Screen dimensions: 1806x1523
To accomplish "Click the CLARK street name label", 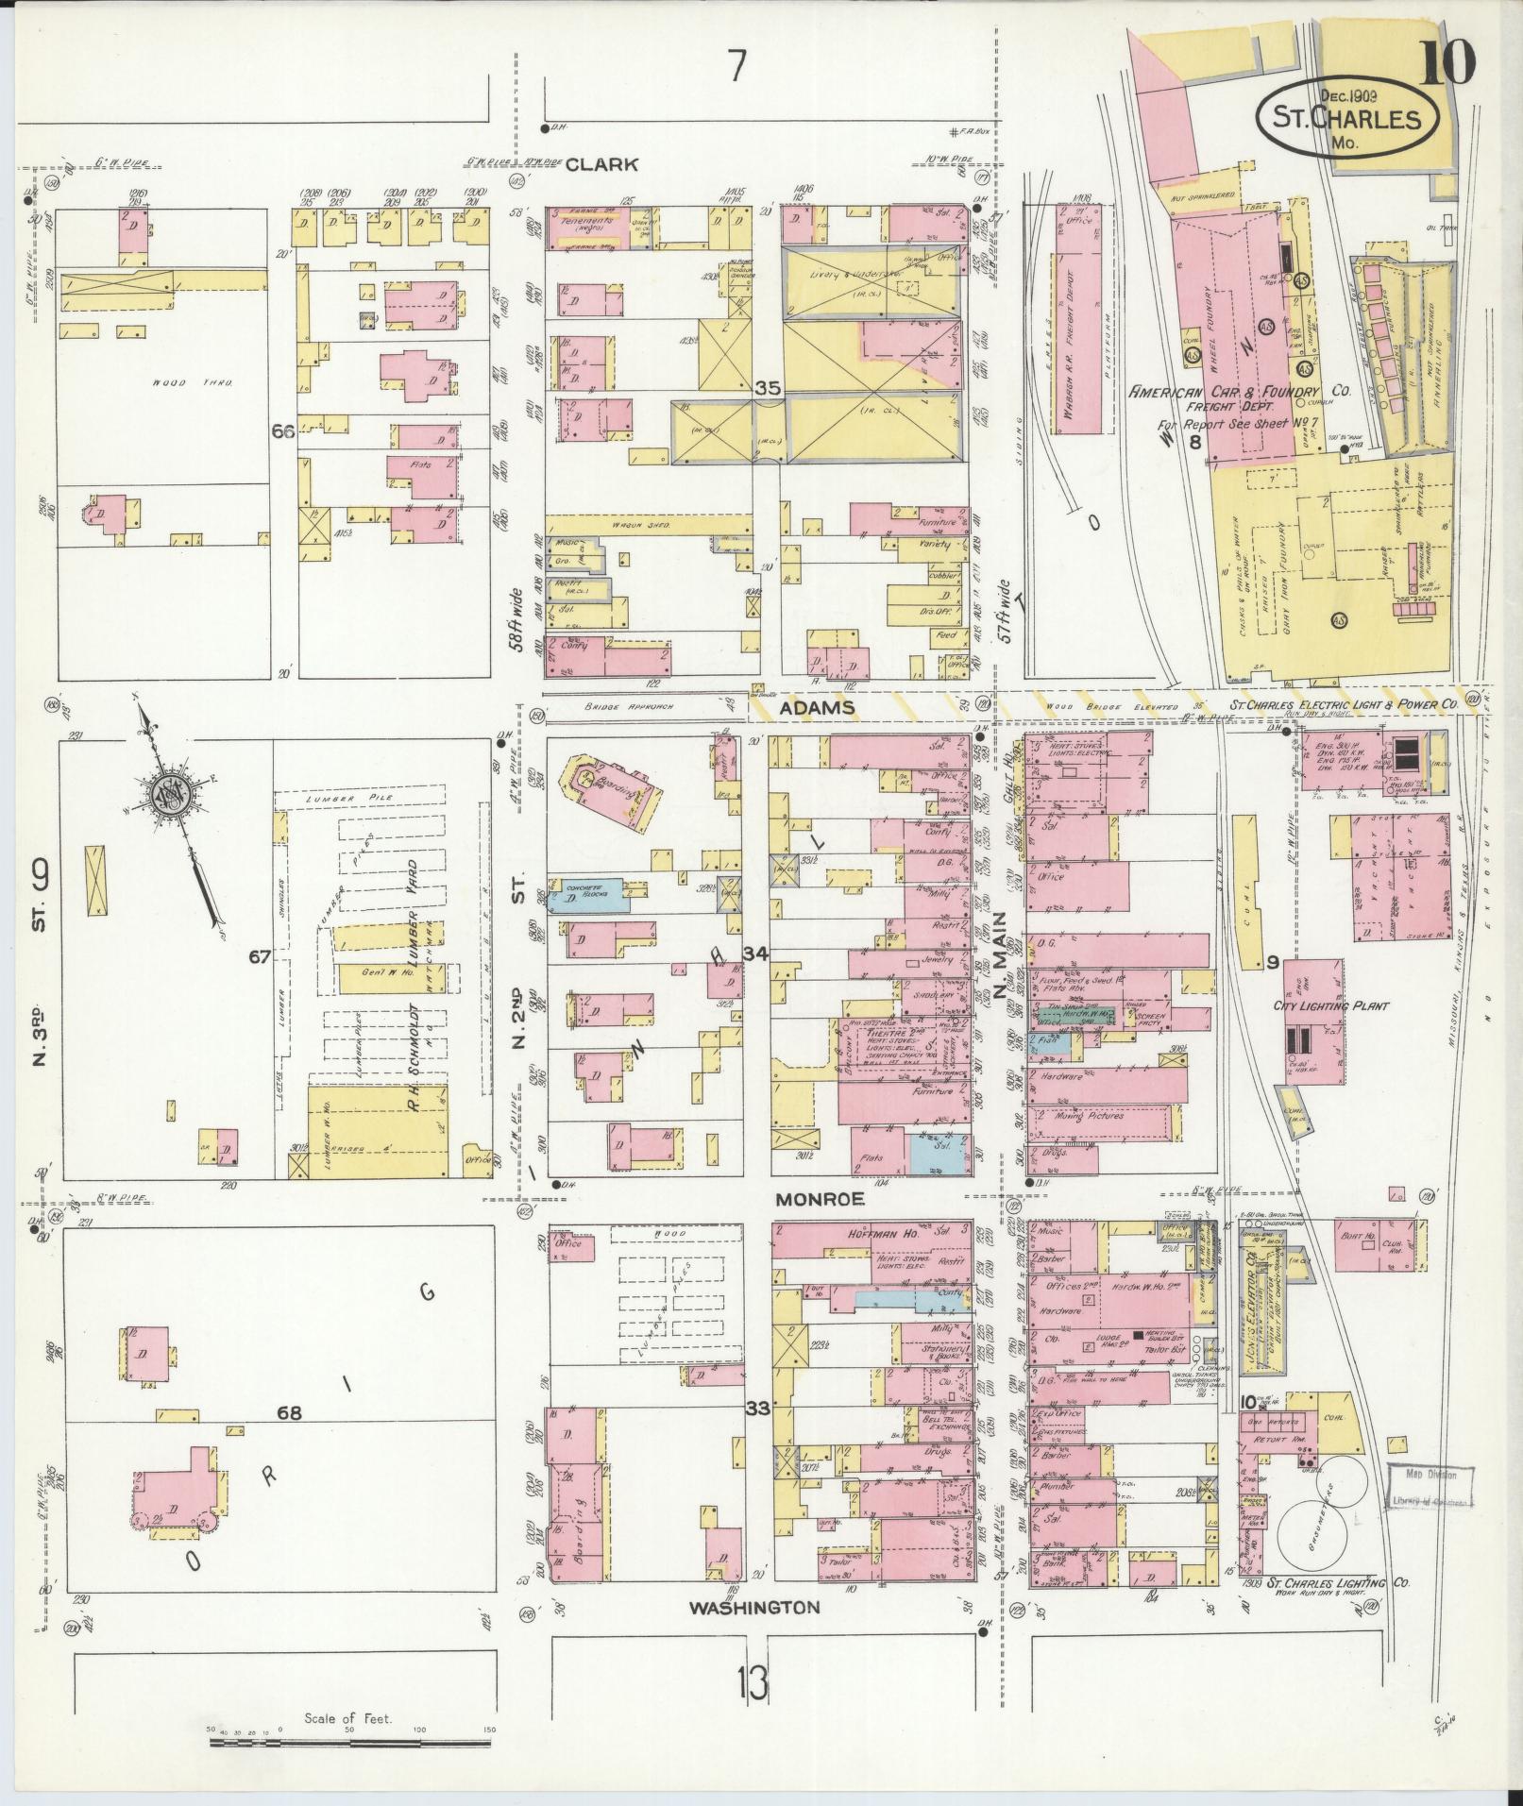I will pyautogui.click(x=601, y=164).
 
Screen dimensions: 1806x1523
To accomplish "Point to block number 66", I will pyautogui.click(x=284, y=433).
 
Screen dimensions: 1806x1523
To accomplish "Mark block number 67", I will pyautogui.click(x=260, y=957).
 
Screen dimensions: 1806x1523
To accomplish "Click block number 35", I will pyautogui.click(x=768, y=387).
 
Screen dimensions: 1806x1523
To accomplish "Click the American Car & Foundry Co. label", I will pyautogui.click(x=1240, y=391).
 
